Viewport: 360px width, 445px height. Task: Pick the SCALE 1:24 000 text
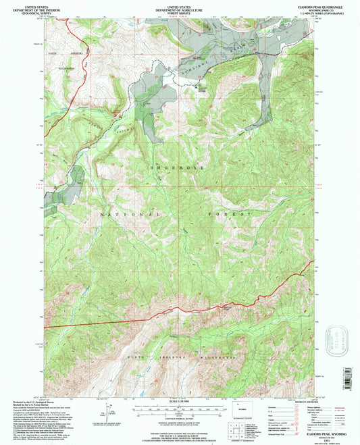click(x=180, y=403)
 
